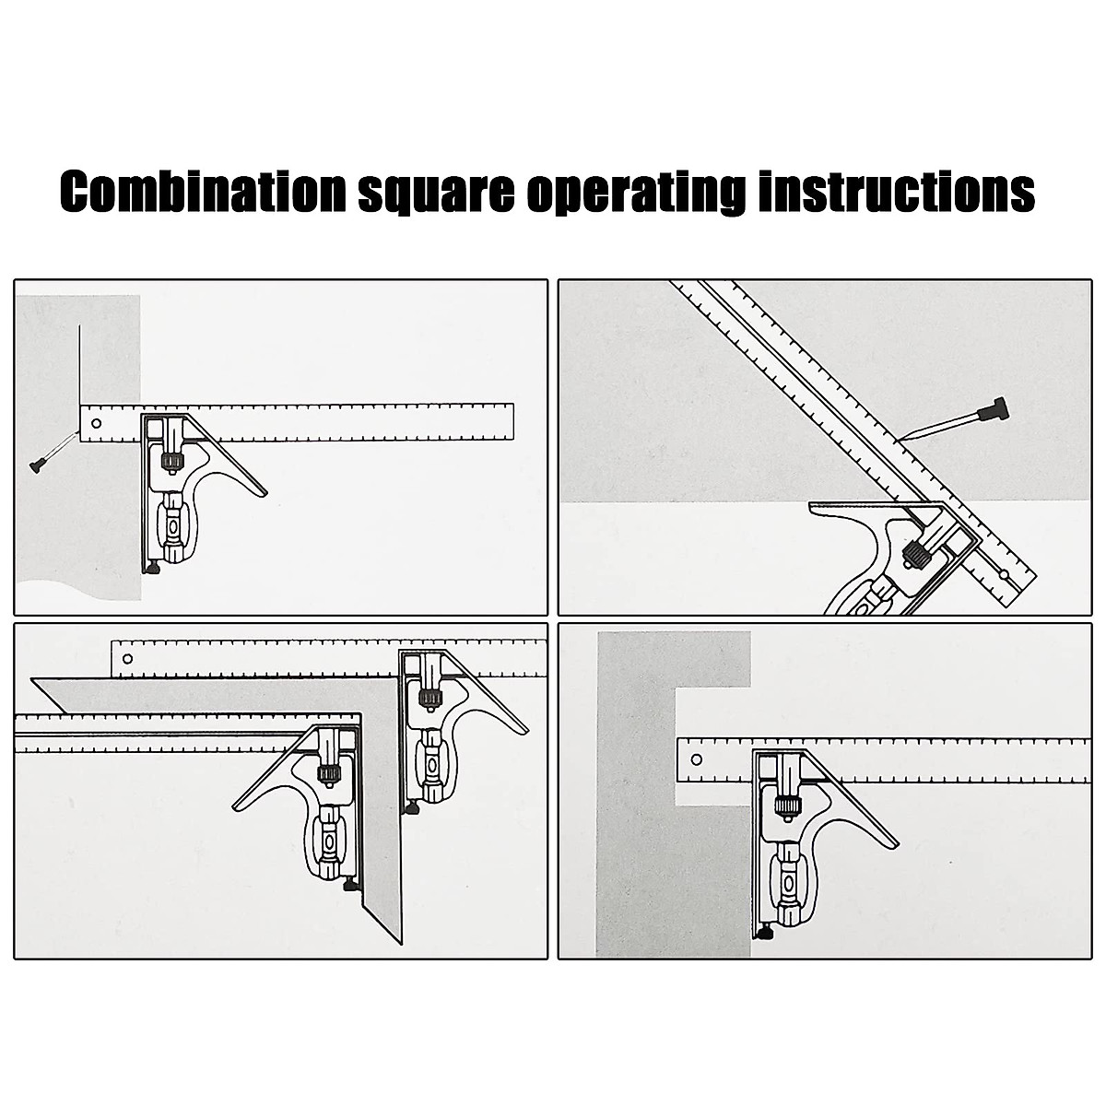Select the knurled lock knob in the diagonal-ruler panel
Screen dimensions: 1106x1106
point(917,551)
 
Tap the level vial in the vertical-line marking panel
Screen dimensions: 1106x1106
point(172,525)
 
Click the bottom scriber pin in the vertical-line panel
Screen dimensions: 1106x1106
point(152,569)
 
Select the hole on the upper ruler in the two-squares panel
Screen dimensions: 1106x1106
point(128,659)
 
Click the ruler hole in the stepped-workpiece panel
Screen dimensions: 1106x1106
point(697,760)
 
